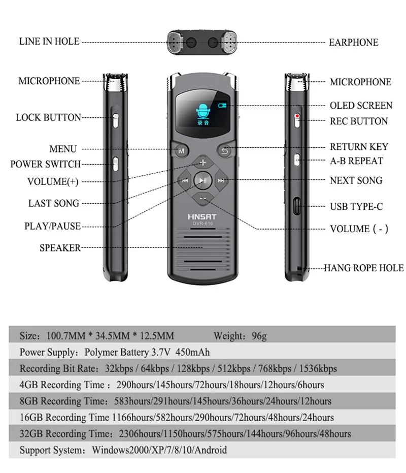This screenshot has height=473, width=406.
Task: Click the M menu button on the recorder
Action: pyautogui.click(x=181, y=150)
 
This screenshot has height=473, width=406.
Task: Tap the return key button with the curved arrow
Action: pyautogui.click(x=224, y=150)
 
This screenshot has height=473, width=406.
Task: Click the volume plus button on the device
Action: pyautogui.click(x=203, y=162)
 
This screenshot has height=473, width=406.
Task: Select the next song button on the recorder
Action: pyautogui.click(x=221, y=180)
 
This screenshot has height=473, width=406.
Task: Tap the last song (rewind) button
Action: pyautogui.click(x=184, y=180)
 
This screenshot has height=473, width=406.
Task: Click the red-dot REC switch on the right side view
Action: pyautogui.click(x=297, y=120)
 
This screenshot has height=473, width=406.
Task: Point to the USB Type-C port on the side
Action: pyautogui.click(x=297, y=206)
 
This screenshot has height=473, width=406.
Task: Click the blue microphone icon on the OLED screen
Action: pyautogui.click(x=202, y=110)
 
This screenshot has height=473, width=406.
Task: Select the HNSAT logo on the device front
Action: pyautogui.click(x=202, y=216)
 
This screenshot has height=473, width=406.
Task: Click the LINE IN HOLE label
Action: pyautogui.click(x=49, y=41)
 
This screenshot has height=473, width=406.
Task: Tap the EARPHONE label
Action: pyautogui.click(x=353, y=42)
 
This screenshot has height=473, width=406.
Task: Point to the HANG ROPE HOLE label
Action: pyautogui.click(x=363, y=268)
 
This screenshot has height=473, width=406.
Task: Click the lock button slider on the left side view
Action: pyautogui.click(x=115, y=121)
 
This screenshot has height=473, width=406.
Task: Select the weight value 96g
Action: pyautogui.click(x=259, y=336)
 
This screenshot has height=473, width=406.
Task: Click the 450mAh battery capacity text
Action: pyautogui.click(x=192, y=352)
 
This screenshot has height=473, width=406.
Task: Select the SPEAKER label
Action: pyautogui.click(x=60, y=247)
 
